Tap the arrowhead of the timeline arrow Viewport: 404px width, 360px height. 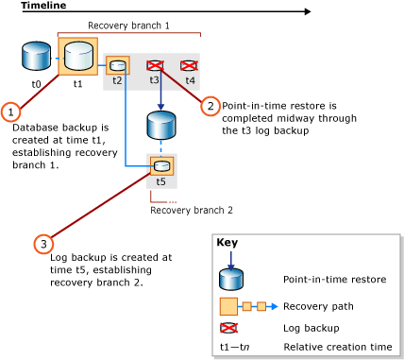(307, 12)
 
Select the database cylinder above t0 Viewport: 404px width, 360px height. (36, 57)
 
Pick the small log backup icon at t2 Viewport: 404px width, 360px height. (118, 65)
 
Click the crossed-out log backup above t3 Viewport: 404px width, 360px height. (156, 65)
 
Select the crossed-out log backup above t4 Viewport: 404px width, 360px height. (189, 65)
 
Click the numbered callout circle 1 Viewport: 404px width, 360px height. (10, 111)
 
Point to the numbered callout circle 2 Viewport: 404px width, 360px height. (210, 106)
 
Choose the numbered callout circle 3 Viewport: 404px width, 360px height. (43, 245)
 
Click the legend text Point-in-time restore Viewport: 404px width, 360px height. (329, 280)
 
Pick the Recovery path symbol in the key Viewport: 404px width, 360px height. (244, 306)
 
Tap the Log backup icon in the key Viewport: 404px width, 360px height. (230, 328)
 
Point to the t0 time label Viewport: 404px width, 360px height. (36, 84)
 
